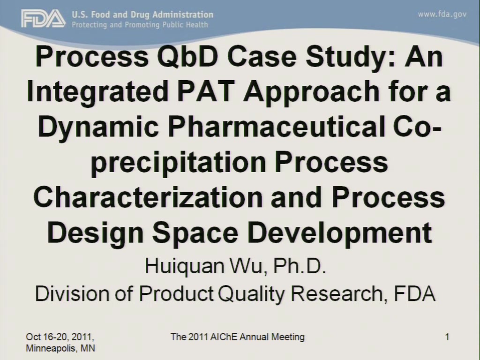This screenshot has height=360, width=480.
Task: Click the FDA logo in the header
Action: point(43,19)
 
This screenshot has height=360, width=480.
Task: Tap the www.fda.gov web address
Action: point(442,15)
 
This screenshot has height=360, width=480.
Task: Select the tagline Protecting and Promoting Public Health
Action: point(140,25)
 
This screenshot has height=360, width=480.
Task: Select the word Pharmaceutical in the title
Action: point(276,127)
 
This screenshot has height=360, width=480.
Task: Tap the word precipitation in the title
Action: point(179,163)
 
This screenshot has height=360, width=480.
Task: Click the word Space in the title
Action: point(195,233)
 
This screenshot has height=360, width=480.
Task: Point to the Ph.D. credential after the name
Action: point(299,266)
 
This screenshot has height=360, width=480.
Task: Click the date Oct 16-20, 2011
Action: point(60,337)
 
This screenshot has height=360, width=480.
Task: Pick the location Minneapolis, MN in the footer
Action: point(60,348)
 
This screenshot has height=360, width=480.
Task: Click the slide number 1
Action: point(447,337)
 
